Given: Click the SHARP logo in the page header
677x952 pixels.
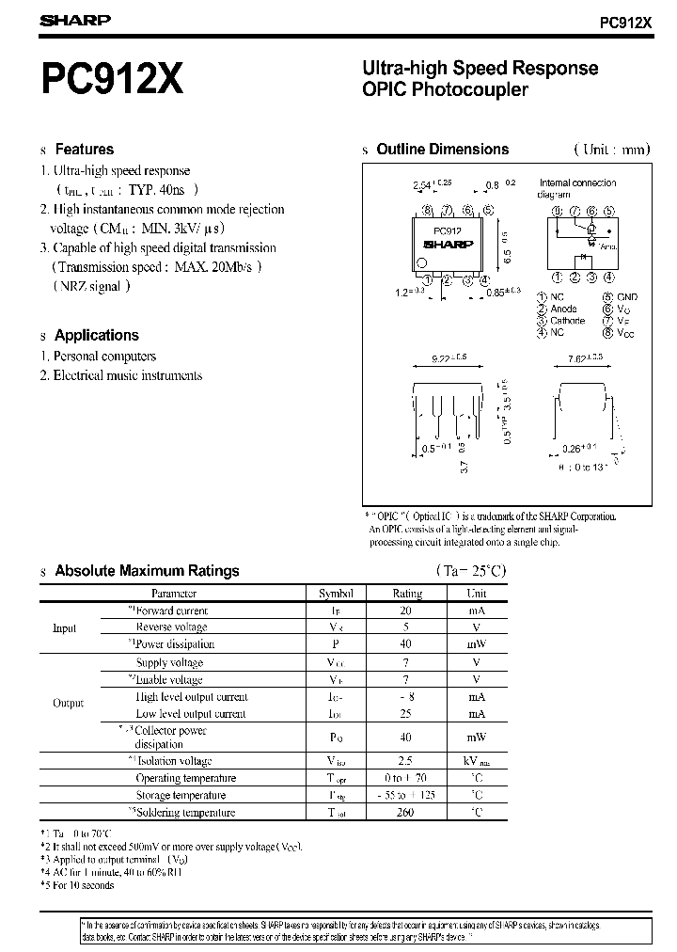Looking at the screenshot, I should (x=75, y=20).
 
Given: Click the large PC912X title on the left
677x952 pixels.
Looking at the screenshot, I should (x=112, y=81).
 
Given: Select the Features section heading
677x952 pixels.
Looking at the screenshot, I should (x=84, y=150).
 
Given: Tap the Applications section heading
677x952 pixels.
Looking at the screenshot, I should (x=96, y=335).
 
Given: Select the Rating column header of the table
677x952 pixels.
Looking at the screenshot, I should (x=406, y=594).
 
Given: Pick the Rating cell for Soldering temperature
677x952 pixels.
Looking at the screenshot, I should (x=406, y=813).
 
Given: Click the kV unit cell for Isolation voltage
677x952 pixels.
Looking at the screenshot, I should (x=477, y=761).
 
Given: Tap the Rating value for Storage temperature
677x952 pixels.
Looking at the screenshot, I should (x=406, y=796).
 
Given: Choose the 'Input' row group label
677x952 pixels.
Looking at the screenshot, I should (x=64, y=628).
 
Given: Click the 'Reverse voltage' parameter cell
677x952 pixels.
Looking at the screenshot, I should (x=172, y=627).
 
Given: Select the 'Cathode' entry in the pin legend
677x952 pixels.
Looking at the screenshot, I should (x=567, y=321).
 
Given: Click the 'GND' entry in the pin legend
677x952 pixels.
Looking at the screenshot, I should (x=627, y=297).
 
